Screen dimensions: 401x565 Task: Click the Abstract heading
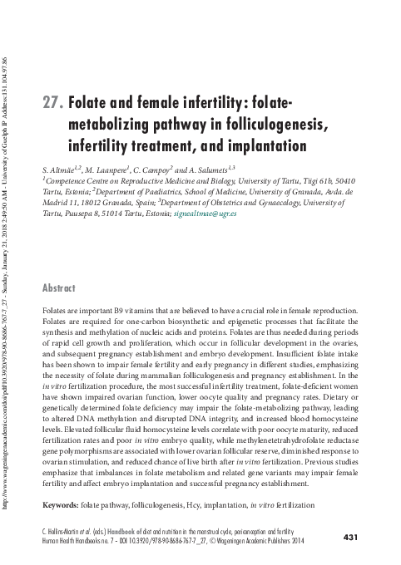click(x=61, y=288)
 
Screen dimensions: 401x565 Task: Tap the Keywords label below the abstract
click(x=60, y=506)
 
